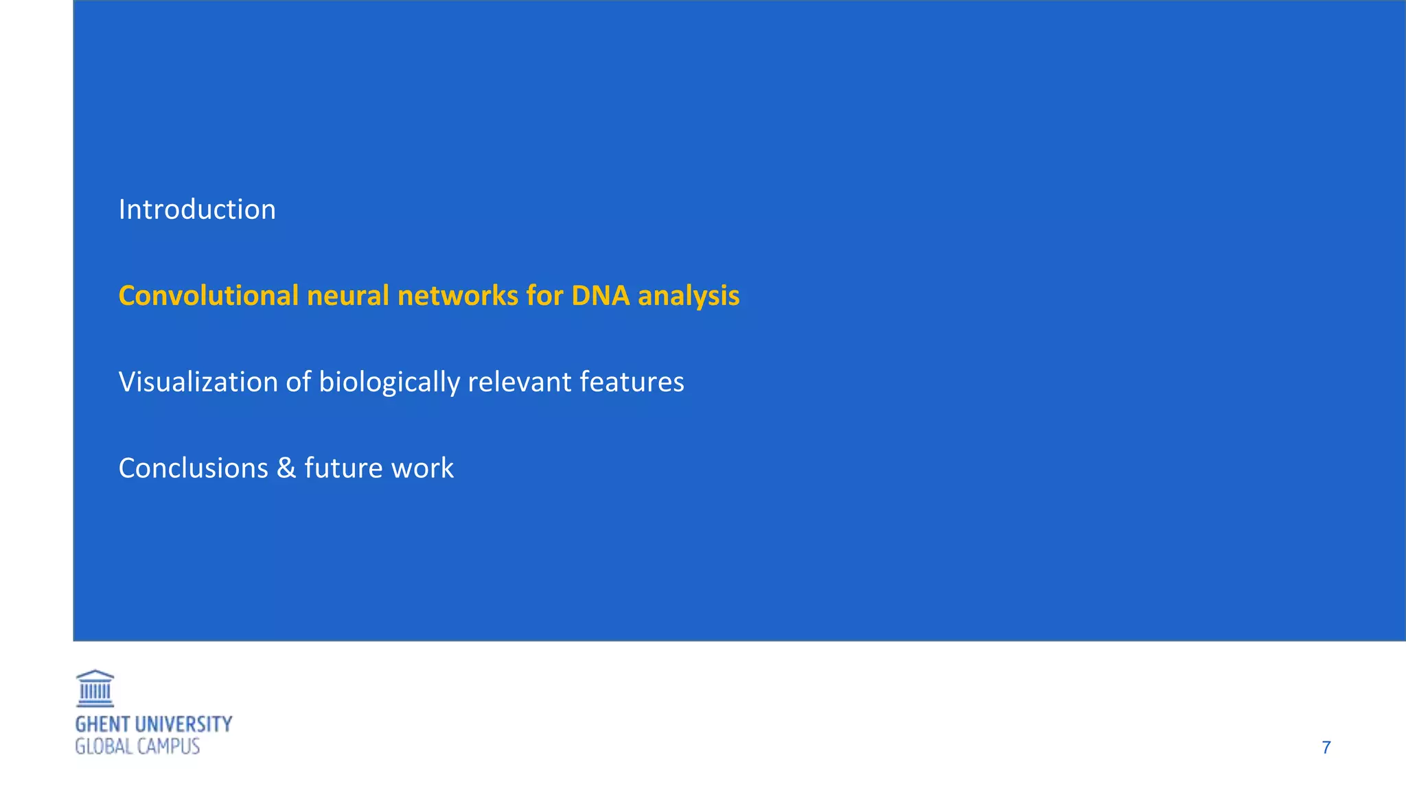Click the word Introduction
[x=197, y=209]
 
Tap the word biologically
[x=389, y=382]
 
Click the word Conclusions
[x=193, y=468]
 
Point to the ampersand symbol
[x=286, y=468]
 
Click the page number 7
[x=1326, y=748]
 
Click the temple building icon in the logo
[x=95, y=689]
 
